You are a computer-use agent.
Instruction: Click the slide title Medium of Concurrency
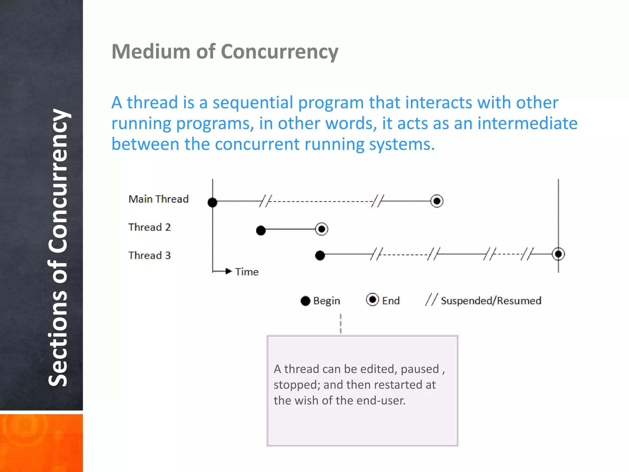click(225, 52)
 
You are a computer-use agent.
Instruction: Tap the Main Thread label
click(158, 199)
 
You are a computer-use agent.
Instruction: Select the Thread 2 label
click(149, 227)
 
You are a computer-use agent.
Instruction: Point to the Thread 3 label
click(149, 255)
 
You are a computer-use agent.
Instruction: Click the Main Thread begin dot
click(213, 203)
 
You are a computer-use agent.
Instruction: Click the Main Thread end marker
click(437, 201)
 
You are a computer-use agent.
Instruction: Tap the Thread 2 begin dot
click(261, 230)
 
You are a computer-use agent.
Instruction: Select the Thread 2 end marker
click(322, 229)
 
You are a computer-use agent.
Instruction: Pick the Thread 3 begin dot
click(320, 255)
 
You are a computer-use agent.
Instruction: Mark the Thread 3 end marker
click(558, 254)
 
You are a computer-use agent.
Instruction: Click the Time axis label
click(247, 272)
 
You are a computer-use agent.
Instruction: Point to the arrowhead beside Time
click(228, 271)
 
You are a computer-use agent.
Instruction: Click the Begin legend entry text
click(326, 301)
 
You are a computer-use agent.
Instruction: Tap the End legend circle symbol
click(372, 299)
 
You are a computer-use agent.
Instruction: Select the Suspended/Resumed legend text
click(491, 301)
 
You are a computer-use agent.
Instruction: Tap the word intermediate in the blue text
click(527, 123)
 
